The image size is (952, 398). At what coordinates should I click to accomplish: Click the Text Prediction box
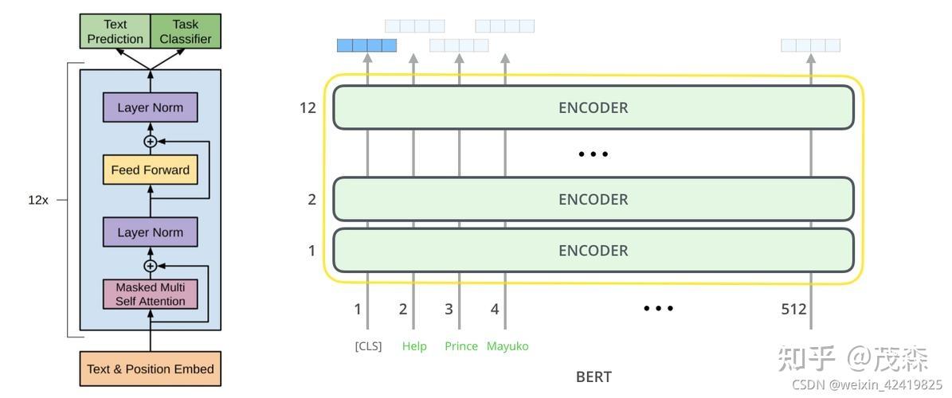(115, 32)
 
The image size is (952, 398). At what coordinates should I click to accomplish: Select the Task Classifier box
(185, 32)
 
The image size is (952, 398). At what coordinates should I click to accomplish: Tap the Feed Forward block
(150, 170)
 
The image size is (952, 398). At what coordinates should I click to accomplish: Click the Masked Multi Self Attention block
(150, 295)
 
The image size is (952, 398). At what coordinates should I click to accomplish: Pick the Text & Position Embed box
(150, 369)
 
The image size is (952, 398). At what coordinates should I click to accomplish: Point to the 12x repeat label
(37, 200)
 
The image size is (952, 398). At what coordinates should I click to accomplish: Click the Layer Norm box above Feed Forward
(150, 107)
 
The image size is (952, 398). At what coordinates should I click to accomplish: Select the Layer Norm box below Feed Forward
(150, 232)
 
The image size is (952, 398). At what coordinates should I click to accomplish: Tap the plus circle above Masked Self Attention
(150, 266)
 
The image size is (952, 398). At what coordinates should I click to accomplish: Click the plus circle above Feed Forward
(150, 142)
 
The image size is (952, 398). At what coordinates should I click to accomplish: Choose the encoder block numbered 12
(594, 107)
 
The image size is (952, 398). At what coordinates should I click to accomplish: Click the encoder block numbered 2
(594, 199)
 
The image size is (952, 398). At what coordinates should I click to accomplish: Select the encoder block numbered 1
(594, 250)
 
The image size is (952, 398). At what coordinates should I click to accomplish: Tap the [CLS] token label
(369, 346)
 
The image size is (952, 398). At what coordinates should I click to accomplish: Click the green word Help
(414, 346)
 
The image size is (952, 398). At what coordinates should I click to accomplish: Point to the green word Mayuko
(507, 346)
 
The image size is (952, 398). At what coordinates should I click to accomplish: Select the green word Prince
(461, 346)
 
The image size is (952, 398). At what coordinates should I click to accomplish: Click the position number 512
(793, 310)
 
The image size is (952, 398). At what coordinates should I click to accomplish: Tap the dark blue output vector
(366, 45)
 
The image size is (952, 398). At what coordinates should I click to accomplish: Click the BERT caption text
(594, 377)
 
